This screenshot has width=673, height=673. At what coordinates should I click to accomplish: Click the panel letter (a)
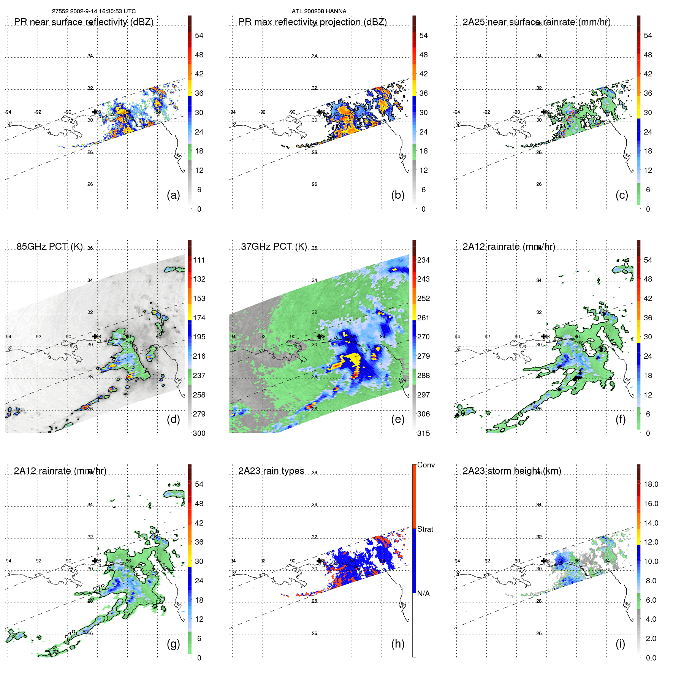click(173, 195)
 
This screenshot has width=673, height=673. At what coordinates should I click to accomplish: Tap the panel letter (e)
click(397, 419)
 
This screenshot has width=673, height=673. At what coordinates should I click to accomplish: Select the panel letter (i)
click(620, 644)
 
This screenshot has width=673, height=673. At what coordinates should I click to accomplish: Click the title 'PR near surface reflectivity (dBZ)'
click(84, 22)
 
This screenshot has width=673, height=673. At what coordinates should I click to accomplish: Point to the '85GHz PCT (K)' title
click(50, 247)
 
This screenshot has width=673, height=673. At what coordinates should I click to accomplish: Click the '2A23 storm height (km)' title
click(512, 471)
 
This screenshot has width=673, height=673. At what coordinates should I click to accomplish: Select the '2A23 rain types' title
click(271, 471)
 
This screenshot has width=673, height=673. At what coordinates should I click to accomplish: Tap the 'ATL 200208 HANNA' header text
click(319, 11)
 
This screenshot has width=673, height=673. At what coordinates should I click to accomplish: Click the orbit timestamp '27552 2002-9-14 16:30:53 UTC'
click(94, 11)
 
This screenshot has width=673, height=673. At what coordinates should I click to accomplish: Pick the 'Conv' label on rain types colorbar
click(426, 465)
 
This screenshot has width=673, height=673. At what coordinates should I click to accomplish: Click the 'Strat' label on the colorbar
click(425, 529)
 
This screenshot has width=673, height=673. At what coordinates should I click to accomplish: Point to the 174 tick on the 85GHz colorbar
click(199, 318)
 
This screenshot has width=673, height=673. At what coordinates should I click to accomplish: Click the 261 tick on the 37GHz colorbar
click(423, 318)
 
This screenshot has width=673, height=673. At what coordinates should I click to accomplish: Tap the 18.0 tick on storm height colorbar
click(651, 484)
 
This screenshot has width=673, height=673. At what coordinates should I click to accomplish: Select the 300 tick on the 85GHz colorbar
click(199, 433)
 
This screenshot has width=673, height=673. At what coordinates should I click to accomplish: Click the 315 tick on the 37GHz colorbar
click(423, 433)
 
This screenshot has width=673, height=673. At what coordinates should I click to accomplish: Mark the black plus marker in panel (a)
click(95, 112)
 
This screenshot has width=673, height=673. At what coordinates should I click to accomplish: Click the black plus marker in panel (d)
click(95, 336)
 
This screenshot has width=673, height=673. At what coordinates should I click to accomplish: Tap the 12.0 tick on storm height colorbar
click(651, 542)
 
